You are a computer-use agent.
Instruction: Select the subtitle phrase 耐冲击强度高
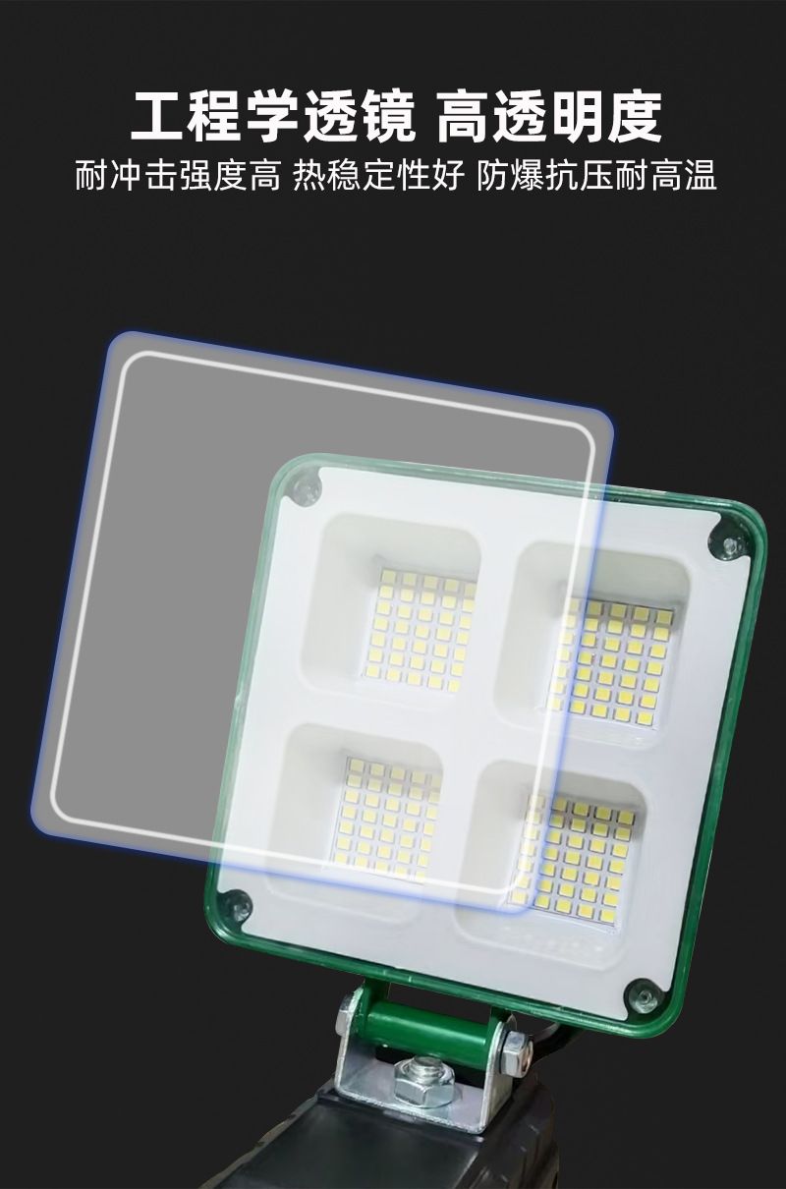coord(178,175)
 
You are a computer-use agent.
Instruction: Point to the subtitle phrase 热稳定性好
coord(378,175)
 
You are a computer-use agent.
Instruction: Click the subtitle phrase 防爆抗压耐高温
coord(596,175)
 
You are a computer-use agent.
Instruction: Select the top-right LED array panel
coord(610,661)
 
